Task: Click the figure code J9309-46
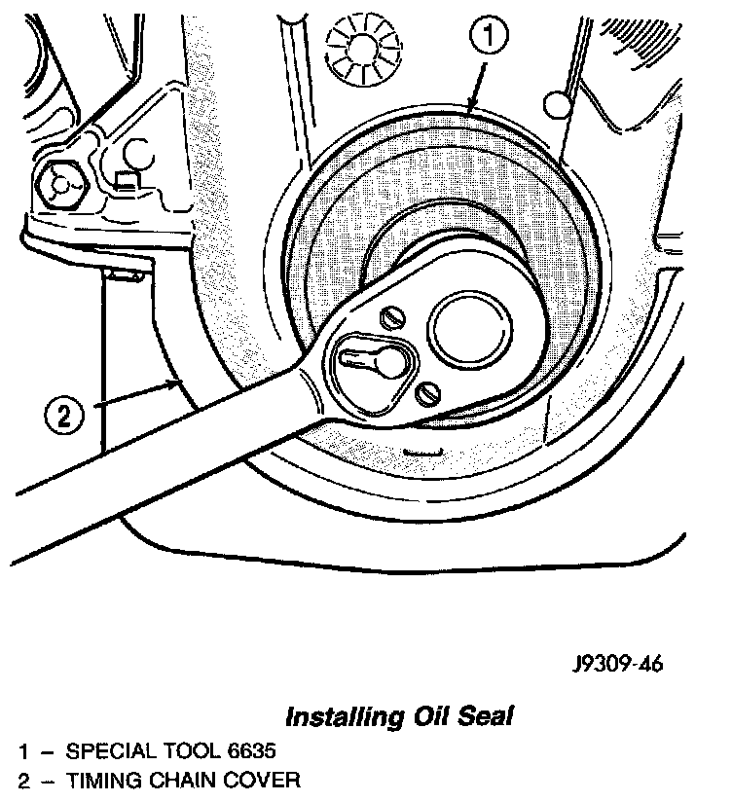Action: click(617, 666)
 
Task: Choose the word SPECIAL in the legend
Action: click(107, 751)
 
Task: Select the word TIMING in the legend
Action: click(100, 780)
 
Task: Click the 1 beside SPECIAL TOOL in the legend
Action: click(22, 751)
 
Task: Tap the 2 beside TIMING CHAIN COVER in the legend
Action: click(22, 780)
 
